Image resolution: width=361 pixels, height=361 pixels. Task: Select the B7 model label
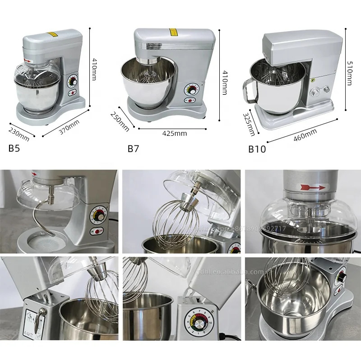point(133,148)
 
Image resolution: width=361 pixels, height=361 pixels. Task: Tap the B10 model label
point(257,149)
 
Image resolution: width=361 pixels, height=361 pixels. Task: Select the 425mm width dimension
point(175,133)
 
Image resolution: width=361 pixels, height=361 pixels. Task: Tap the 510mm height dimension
point(348,73)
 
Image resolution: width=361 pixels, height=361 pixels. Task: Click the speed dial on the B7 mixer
point(192,88)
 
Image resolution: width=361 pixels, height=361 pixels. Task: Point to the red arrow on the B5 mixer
point(28,61)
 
